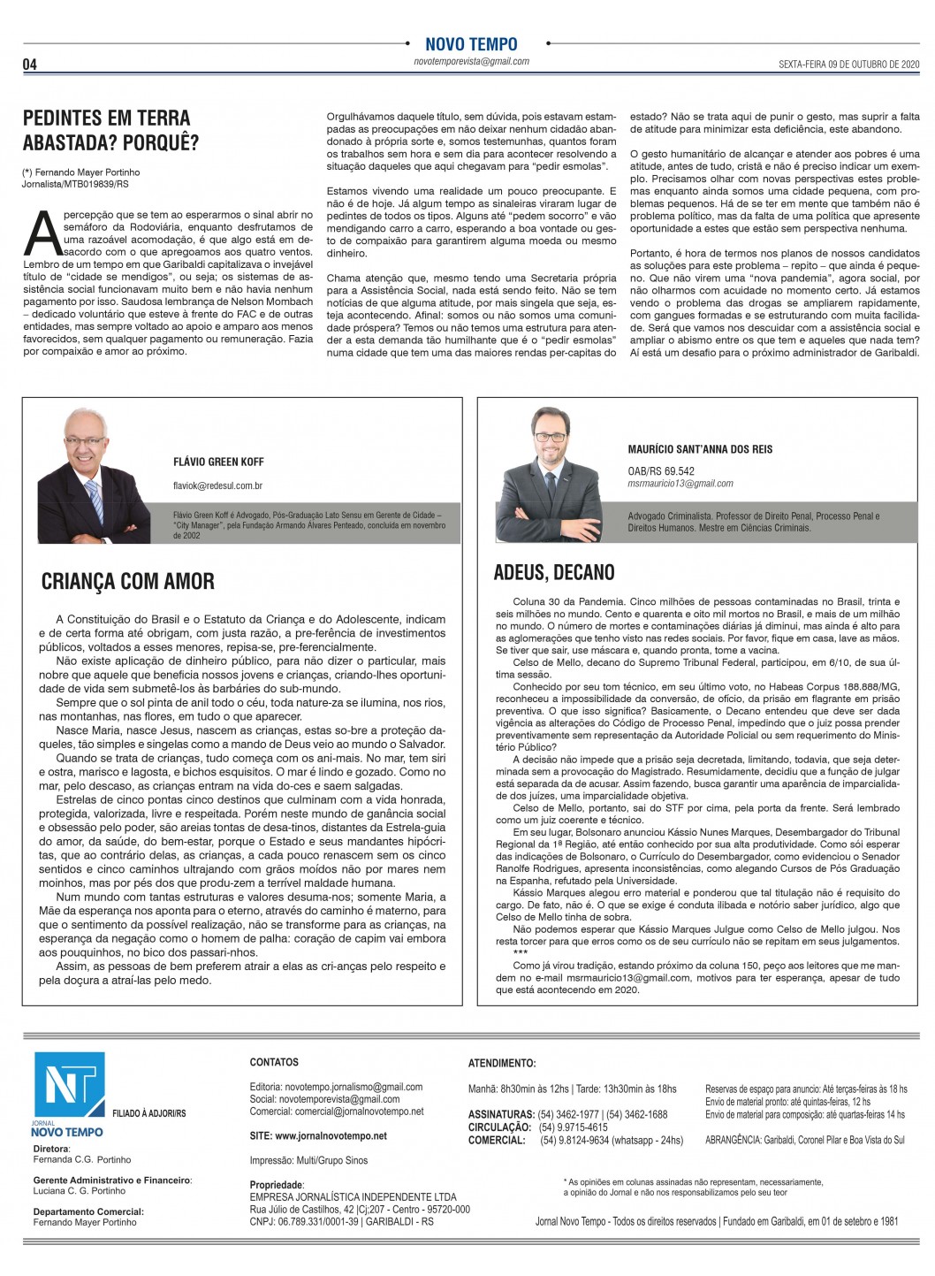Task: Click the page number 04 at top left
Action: pos(29,64)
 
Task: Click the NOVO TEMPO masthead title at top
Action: pos(471,44)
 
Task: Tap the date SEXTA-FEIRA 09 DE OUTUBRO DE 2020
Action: pos(848,65)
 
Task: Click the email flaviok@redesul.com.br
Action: pos(218,485)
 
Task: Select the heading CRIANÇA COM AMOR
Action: pos(128,581)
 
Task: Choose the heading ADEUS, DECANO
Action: pos(554,572)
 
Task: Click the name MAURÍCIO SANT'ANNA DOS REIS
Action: pos(700,449)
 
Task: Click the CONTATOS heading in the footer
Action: pos(274,1062)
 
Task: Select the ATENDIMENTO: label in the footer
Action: pos(501,1063)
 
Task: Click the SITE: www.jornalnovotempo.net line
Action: pos(318,1135)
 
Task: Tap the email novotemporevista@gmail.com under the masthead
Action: pos(471,62)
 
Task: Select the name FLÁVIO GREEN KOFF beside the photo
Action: pos(218,462)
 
